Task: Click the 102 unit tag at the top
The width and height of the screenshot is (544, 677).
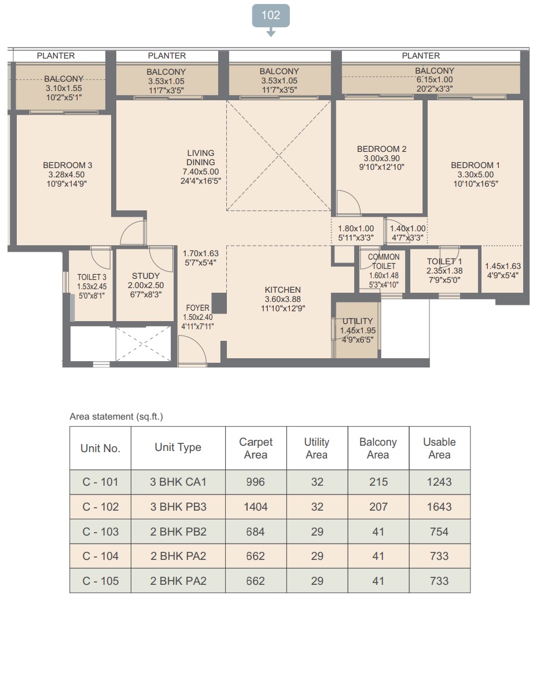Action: tap(271, 16)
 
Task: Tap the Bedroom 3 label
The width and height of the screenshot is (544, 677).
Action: tap(67, 165)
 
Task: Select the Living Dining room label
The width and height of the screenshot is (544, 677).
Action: tap(200, 158)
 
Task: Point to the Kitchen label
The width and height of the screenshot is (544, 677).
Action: tap(283, 290)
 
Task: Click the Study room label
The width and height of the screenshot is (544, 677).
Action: tap(146, 276)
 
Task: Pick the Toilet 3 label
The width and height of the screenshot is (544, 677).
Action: tap(92, 277)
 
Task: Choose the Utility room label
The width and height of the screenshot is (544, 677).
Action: tap(357, 321)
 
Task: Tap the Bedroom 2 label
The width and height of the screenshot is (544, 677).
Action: tap(381, 149)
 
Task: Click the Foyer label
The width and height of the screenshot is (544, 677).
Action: tap(197, 308)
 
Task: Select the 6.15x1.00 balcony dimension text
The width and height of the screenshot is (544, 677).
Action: tap(435, 79)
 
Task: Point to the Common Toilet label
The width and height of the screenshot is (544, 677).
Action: tap(384, 261)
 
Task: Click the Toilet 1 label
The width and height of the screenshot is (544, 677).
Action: tap(444, 261)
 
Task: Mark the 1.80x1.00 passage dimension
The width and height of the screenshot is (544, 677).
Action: tap(356, 228)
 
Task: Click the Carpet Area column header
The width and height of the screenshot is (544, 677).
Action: tap(256, 448)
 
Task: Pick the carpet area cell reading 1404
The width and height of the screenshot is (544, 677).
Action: tap(256, 507)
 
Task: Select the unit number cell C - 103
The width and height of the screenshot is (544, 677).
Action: tap(101, 532)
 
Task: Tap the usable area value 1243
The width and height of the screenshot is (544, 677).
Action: tap(439, 482)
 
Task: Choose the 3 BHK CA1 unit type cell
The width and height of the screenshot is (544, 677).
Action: tap(178, 482)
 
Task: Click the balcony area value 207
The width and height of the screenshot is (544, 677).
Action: tap(378, 507)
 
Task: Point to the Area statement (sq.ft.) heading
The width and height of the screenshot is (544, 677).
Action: tap(116, 417)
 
